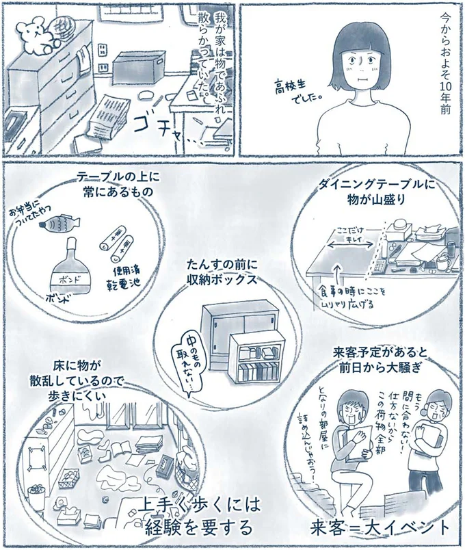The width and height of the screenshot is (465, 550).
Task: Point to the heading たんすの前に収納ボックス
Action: click(x=224, y=272)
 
